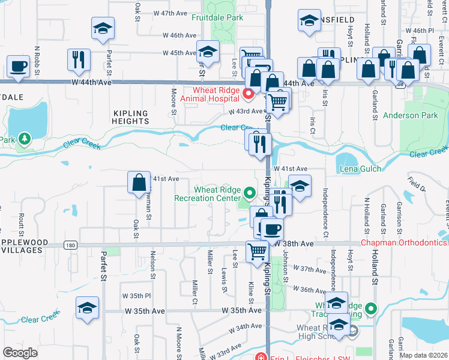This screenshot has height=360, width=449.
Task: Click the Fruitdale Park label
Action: (x=217, y=17)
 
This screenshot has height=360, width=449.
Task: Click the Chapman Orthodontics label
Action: (x=403, y=243)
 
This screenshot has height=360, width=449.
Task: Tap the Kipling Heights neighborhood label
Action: (x=130, y=116)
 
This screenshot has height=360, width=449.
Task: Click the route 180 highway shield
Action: (x=71, y=245)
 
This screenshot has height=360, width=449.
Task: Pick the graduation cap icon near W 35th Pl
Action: (x=88, y=307)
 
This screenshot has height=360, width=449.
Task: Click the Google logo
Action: (x=20, y=353)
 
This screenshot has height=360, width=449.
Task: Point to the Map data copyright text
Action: (x=423, y=355)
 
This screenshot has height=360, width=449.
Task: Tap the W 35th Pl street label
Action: (x=136, y=296)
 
